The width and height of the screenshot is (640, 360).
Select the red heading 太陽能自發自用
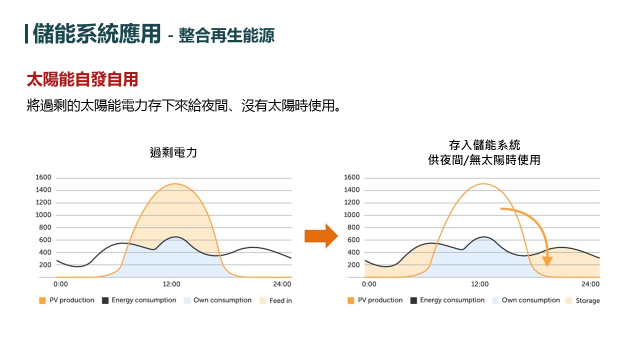tap(82, 79)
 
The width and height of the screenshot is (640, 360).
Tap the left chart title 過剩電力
tap(173, 152)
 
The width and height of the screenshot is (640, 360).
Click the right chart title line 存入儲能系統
tap(484, 145)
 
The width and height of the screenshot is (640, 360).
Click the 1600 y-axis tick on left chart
tap(43, 177)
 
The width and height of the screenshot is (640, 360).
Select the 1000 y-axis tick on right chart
tap(352, 215)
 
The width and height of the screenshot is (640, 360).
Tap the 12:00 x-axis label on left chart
tap(171, 284)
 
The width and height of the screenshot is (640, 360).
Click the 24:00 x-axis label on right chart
tap(590, 284)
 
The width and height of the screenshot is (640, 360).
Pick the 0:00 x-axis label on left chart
tap(60, 284)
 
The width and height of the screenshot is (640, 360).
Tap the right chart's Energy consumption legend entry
tap(447, 300)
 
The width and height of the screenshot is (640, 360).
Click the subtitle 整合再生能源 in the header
tap(226, 36)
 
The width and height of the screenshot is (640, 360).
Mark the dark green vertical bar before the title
tap(26, 33)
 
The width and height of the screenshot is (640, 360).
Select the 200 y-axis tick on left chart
tap(45, 264)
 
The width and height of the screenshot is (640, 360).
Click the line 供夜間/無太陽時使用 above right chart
tap(484, 160)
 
